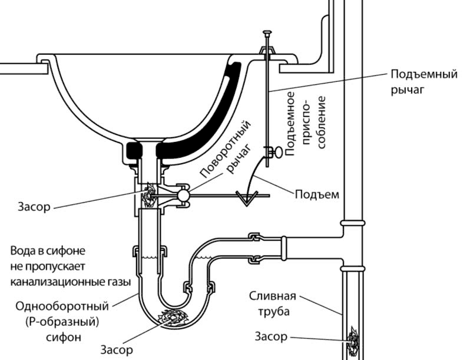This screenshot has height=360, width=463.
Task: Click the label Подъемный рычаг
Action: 424,82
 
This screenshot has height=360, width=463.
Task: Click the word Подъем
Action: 317,194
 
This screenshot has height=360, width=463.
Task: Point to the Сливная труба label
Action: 273,304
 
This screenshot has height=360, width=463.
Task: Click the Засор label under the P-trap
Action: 117,349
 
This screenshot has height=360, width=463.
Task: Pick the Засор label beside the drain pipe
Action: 271,336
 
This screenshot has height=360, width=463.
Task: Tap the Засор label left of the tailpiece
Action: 34,206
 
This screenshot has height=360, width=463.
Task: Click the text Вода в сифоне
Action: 48,251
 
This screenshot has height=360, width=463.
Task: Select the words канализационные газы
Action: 71,282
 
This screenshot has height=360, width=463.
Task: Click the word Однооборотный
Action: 62,306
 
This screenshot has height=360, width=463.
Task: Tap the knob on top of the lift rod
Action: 267,32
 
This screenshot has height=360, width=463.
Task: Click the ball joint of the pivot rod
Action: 183,195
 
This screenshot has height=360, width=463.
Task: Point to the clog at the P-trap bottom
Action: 173,318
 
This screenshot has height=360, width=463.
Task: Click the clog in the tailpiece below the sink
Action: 148,195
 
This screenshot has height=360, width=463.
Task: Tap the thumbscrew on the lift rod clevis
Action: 278,153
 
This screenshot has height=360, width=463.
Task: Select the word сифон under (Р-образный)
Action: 63,337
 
